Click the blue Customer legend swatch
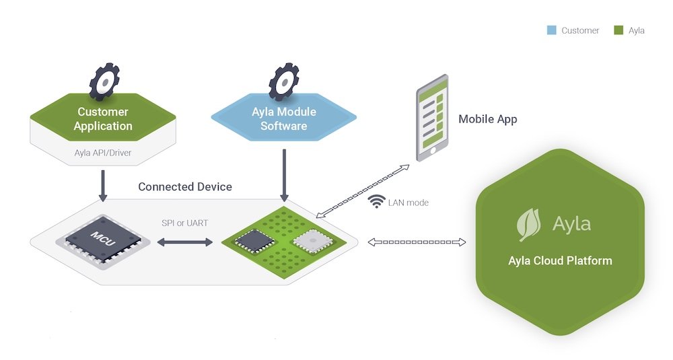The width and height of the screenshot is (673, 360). pyautogui.click(x=551, y=30)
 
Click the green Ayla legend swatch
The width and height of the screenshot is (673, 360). pyautogui.click(x=618, y=30)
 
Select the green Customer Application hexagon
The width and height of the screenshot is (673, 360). pyautogui.click(x=103, y=118)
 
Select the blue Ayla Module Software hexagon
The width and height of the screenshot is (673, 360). pyautogui.click(x=284, y=118)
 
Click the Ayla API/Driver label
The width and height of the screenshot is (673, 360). pyautogui.click(x=103, y=153)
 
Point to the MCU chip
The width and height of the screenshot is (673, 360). pyautogui.click(x=104, y=240)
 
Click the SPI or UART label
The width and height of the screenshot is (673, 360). pyautogui.click(x=184, y=222)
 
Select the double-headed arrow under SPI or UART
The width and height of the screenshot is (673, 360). pyautogui.click(x=184, y=241)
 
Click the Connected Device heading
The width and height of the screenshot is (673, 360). pyautogui.click(x=185, y=186)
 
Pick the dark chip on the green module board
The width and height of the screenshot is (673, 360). pyautogui.click(x=254, y=239)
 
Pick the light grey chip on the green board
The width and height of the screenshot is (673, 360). pyautogui.click(x=309, y=239)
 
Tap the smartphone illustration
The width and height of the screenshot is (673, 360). pyautogui.click(x=432, y=118)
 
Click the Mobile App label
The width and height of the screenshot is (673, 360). pyautogui.click(x=488, y=119)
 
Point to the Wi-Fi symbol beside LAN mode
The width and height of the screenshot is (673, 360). pyautogui.click(x=378, y=201)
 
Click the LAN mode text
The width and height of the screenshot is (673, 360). pyautogui.click(x=408, y=202)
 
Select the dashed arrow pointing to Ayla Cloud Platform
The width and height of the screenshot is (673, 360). pyautogui.click(x=417, y=242)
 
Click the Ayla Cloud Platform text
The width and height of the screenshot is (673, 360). pyautogui.click(x=560, y=260)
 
